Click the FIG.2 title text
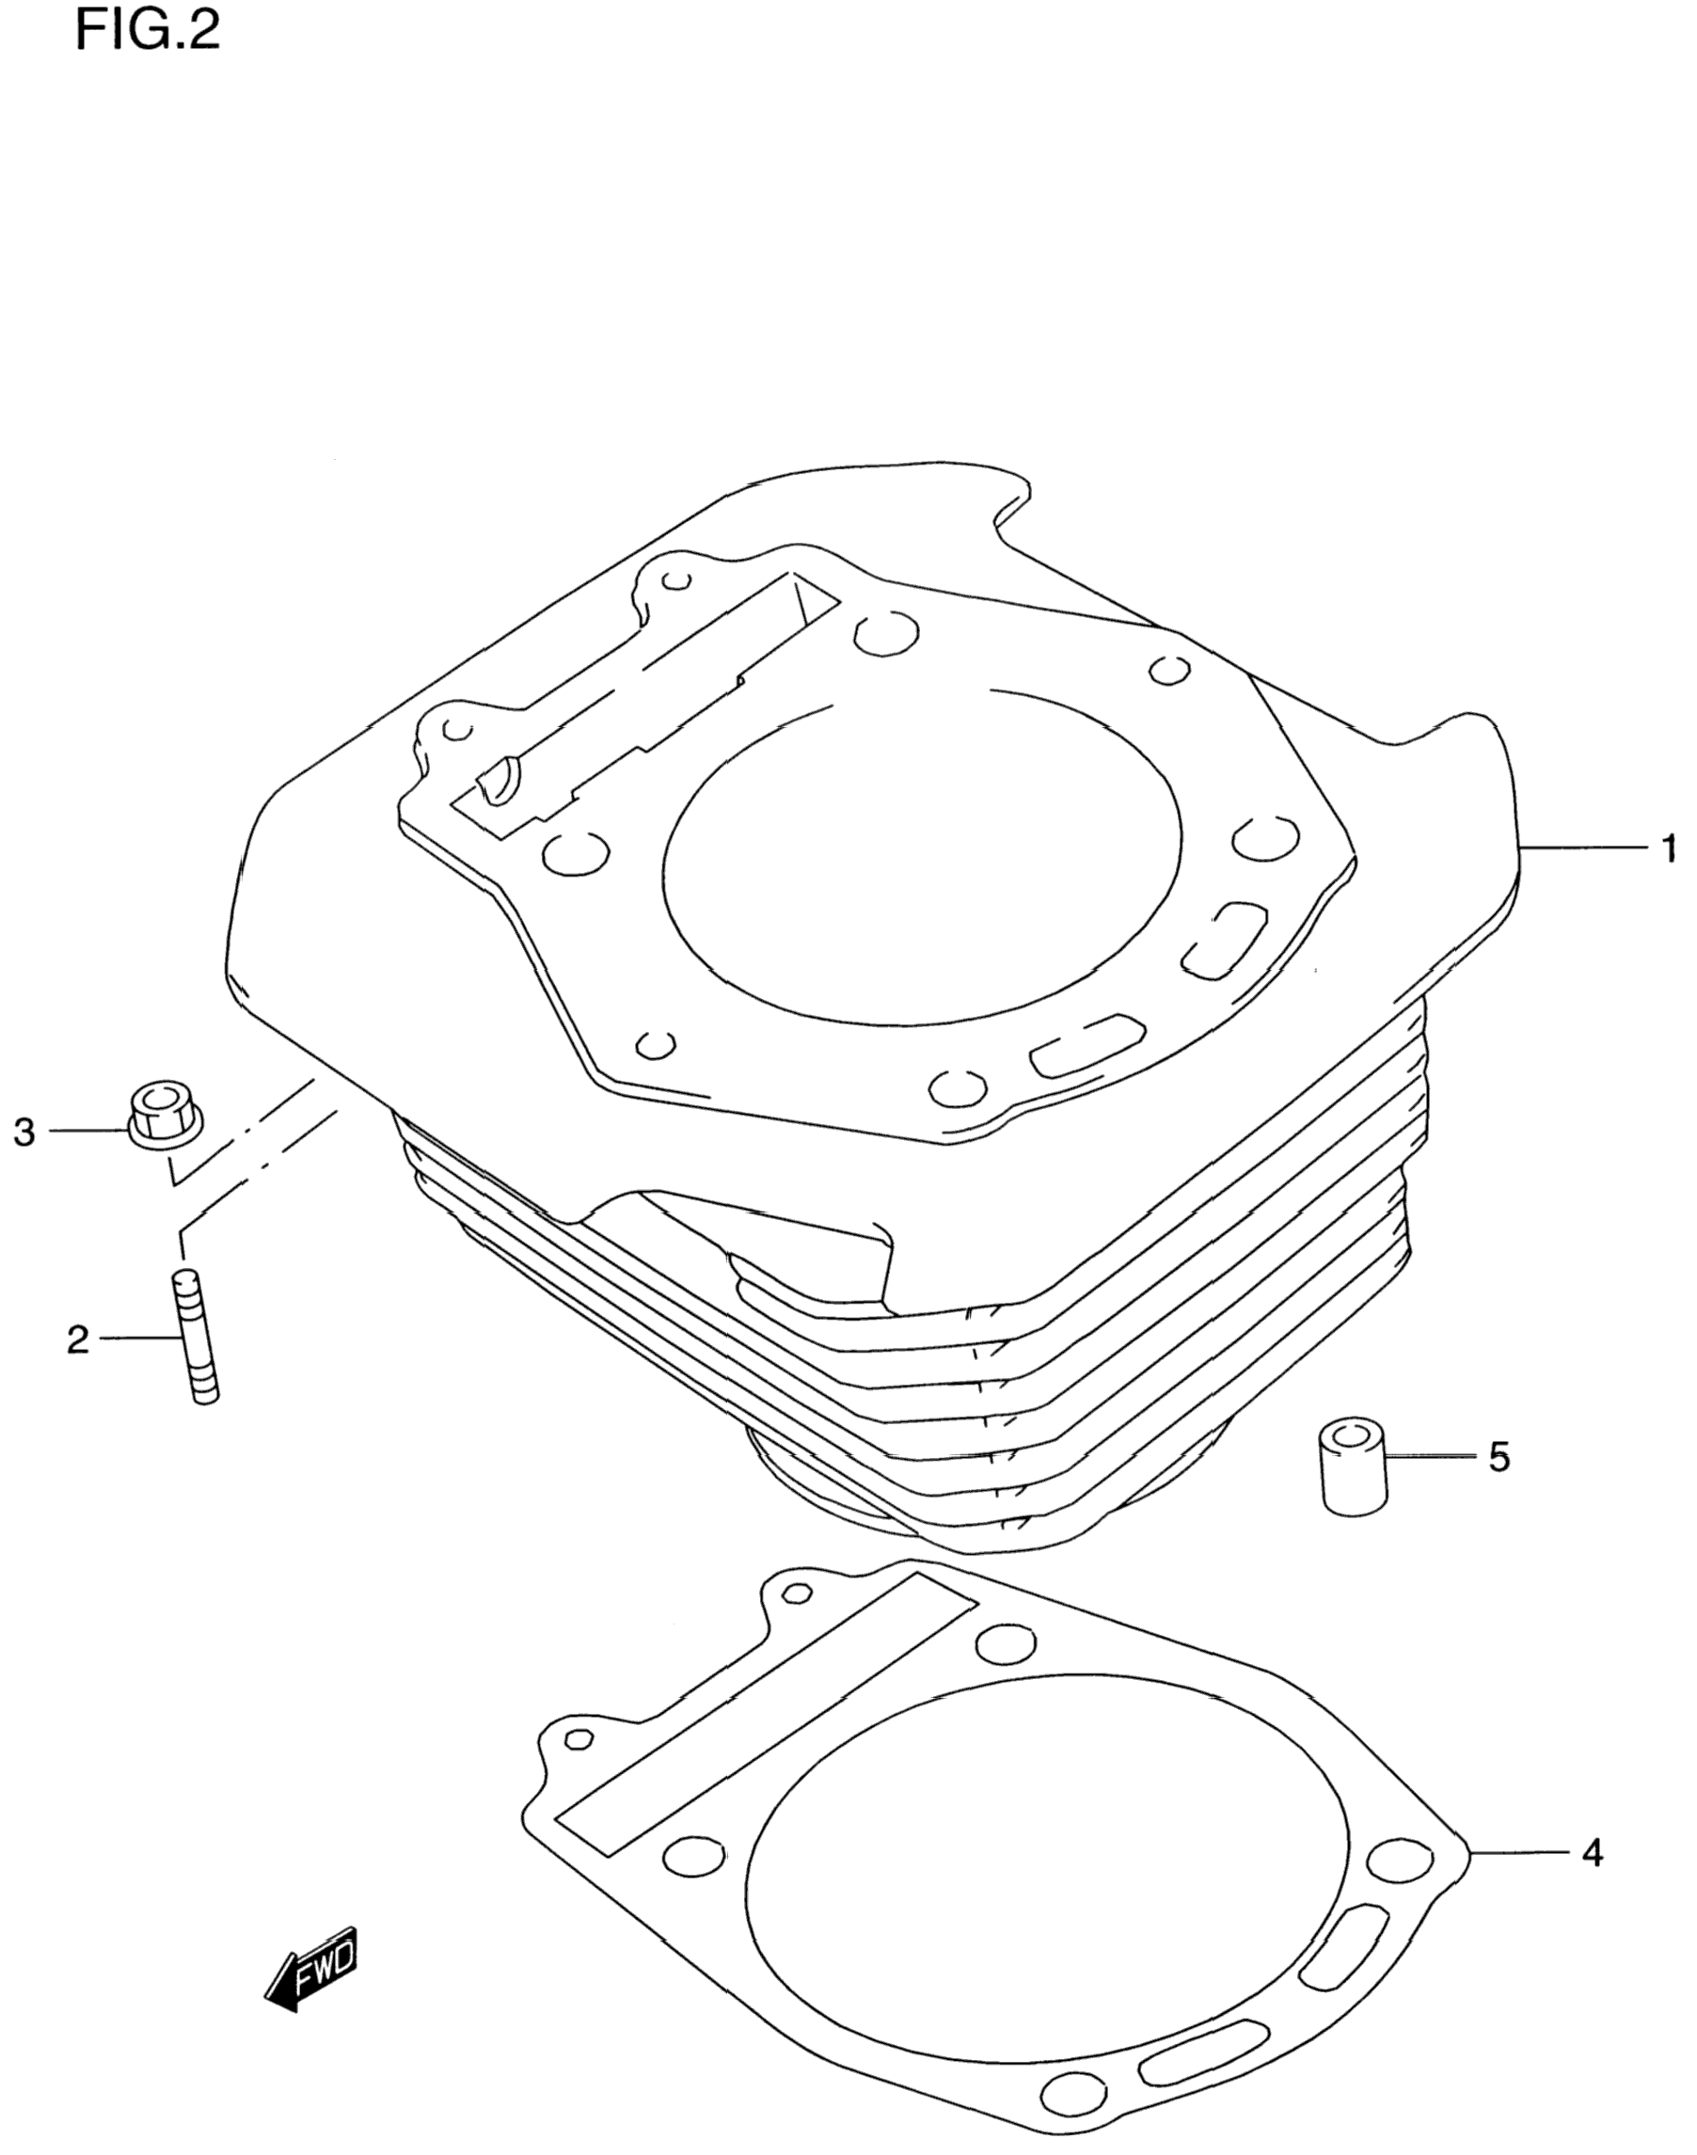148,32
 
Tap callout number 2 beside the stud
77,1340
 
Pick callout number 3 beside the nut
24,1132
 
